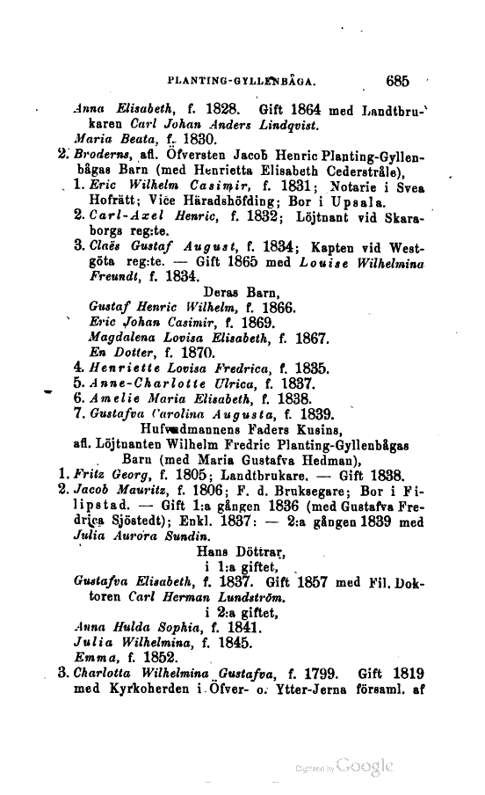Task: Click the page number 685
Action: (398, 82)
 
